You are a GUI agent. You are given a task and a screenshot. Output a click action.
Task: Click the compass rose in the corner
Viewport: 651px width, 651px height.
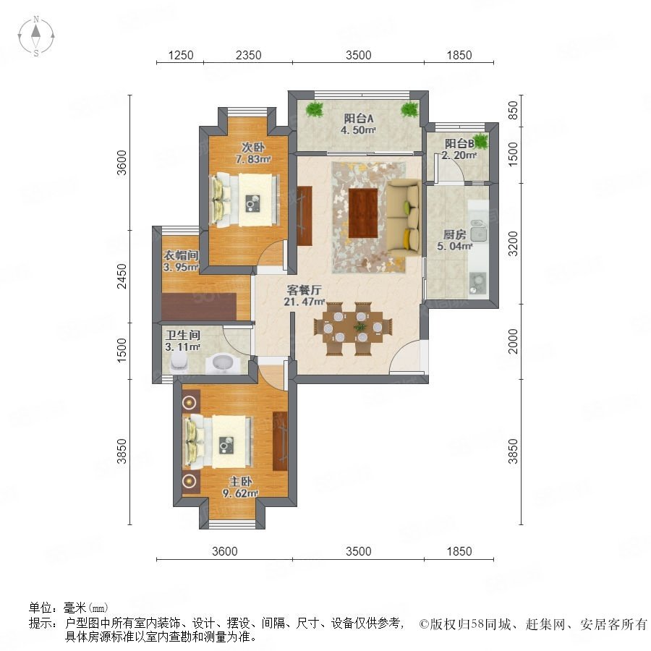tap(36, 36)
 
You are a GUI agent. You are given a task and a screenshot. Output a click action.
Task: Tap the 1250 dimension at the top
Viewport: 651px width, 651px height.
tap(181, 55)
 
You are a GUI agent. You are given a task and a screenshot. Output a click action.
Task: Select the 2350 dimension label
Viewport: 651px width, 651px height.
tap(248, 55)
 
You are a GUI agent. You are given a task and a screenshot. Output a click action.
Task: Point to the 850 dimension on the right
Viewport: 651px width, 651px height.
tap(513, 111)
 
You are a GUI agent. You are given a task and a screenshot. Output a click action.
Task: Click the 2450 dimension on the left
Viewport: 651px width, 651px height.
tap(122, 276)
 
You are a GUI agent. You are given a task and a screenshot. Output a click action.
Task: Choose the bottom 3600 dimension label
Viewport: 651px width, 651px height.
tap(225, 551)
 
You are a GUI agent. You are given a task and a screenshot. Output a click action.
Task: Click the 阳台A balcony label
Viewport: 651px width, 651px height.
tap(358, 124)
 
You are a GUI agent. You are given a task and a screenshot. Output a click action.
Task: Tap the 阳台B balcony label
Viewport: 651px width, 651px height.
tap(459, 150)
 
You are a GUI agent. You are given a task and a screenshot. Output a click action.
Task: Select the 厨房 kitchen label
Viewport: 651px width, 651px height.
tap(455, 240)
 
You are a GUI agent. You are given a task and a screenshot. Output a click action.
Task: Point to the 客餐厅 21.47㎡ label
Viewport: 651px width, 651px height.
tap(304, 296)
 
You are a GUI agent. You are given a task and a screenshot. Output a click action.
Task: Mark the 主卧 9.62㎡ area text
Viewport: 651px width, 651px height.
tap(240, 488)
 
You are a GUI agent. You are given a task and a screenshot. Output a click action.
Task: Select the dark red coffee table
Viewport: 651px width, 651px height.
tap(363, 213)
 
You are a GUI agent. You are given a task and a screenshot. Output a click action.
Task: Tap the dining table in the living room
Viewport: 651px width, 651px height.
tap(353, 328)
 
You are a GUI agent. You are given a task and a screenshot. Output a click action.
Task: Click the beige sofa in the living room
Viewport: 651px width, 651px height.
tap(404, 218)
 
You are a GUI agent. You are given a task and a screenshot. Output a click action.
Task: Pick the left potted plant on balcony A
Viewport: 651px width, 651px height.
tap(315, 110)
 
